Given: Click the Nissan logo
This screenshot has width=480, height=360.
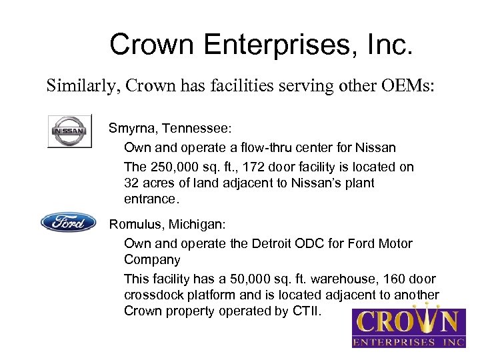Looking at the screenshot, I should click(x=69, y=131).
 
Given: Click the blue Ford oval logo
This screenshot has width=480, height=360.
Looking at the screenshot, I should click(x=69, y=222).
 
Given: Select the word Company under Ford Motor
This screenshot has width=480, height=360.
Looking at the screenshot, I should click(x=152, y=259).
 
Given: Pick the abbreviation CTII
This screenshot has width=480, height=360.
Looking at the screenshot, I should click(x=306, y=311).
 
